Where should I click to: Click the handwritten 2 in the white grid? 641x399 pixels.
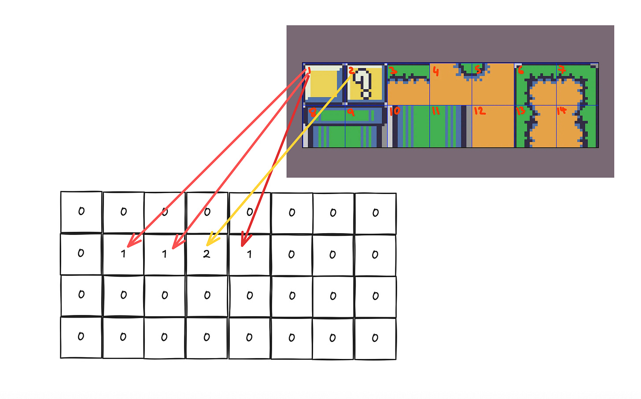(x=206, y=254)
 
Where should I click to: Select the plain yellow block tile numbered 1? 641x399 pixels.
(x=324, y=84)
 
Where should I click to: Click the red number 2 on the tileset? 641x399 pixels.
(x=351, y=70)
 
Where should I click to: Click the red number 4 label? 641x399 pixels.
(x=436, y=71)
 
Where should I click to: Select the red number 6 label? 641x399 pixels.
(x=520, y=70)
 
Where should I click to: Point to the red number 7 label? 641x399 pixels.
(x=562, y=69)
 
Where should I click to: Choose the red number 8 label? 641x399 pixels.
(x=312, y=112)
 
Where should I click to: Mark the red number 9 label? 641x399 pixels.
(x=351, y=113)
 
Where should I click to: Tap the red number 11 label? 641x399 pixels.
(x=436, y=110)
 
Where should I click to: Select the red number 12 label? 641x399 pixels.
(x=479, y=111)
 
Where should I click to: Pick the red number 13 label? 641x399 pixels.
(x=521, y=110)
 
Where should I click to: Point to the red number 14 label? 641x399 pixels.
(x=561, y=110)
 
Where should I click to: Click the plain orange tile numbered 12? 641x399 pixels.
(x=493, y=130)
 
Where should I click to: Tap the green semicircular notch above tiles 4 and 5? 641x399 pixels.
(x=472, y=69)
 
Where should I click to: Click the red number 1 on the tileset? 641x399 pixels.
(x=309, y=71)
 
